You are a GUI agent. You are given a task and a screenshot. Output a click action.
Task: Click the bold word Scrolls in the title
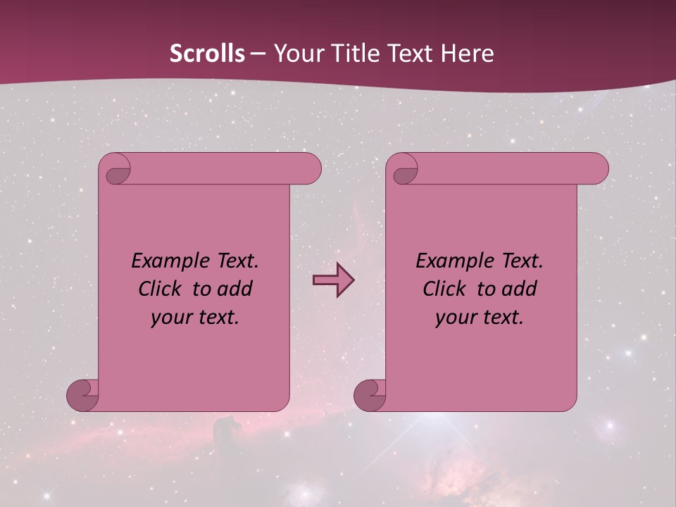pyautogui.click(x=208, y=53)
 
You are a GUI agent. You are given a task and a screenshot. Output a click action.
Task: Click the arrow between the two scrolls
pyautogui.click(x=333, y=280)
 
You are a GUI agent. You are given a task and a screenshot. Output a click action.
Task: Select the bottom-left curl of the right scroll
pyautogui.click(x=371, y=395)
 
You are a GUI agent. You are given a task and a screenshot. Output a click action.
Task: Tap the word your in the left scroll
pyautogui.click(x=170, y=318)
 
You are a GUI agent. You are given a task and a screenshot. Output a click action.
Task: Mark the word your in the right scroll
pyautogui.click(x=454, y=318)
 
